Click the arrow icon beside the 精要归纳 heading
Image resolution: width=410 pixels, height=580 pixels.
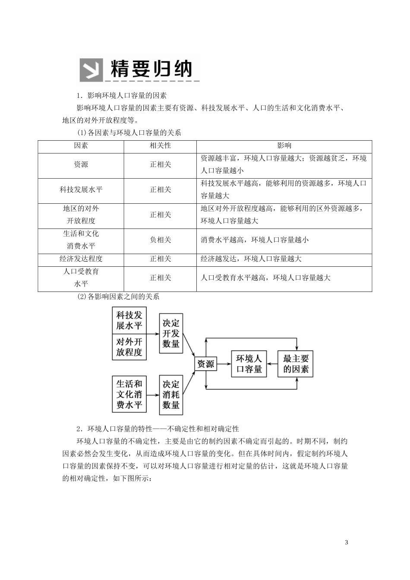coord(91,69)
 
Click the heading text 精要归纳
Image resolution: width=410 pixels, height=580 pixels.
coord(151,69)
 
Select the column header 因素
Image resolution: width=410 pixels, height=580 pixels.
coord(81,146)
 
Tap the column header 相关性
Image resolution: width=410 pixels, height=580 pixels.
coord(160,146)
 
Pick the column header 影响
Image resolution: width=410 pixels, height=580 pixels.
coord(284,146)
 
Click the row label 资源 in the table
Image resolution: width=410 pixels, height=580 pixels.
coord(81,164)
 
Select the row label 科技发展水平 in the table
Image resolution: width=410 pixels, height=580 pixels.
coord(81,189)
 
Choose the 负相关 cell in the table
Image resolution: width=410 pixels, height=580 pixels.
coord(160,240)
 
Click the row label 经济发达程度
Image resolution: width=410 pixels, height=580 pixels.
coord(81,258)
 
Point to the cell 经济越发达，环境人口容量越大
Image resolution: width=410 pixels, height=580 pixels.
coord(251,258)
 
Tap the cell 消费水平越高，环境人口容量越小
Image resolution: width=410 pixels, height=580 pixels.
coord(255,240)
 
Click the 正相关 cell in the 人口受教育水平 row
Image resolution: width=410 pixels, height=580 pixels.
coord(160,277)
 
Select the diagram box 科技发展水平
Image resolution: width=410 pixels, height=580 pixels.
coord(129,320)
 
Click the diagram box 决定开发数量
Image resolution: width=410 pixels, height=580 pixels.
coord(171,334)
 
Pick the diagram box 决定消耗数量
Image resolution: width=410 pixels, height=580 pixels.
coord(171,394)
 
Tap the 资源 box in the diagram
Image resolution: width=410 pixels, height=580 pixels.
coord(205,364)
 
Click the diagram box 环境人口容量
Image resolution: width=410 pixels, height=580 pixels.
coord(249,364)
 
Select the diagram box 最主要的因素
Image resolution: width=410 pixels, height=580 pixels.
coord(296,364)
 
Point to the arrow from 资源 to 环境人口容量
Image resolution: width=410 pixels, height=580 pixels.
coord(224,364)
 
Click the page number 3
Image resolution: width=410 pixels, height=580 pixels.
coord(347,542)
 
